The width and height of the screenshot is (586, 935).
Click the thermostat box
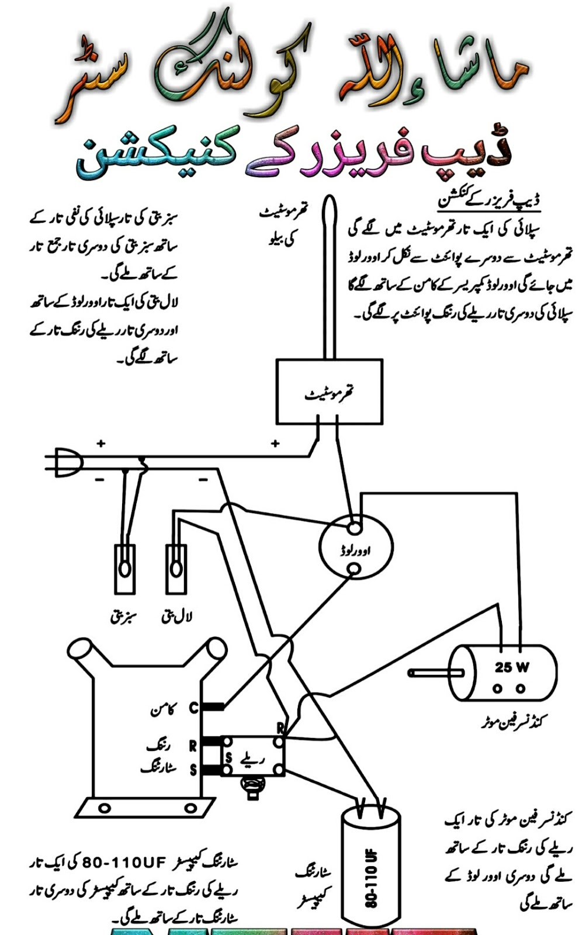(329, 392)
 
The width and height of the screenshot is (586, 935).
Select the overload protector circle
(356, 548)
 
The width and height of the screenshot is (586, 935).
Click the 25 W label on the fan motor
(512, 667)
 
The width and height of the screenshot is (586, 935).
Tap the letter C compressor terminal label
(193, 708)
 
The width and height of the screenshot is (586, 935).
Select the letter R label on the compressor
(192, 746)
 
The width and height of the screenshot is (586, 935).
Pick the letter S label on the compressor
(193, 771)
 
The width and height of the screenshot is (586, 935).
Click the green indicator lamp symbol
(124, 569)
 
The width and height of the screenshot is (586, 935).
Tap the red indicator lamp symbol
(176, 569)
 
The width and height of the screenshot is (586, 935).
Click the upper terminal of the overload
(353, 528)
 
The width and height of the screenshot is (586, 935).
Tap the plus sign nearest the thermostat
(275, 444)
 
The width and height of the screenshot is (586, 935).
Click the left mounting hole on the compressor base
(104, 809)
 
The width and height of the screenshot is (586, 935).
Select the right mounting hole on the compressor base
(190, 809)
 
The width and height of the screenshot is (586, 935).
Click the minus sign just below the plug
(100, 480)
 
